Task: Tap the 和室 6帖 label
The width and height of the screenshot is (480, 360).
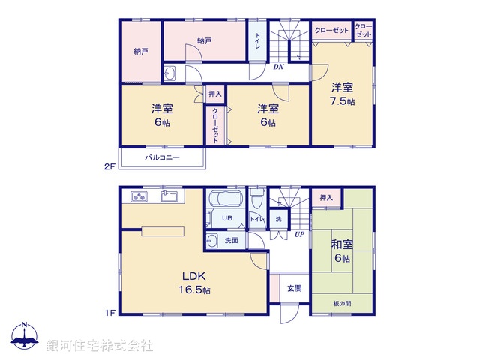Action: pos(342,250)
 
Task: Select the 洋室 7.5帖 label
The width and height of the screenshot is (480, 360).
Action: pos(342,93)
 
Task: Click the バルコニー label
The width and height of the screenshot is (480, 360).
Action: pos(161,159)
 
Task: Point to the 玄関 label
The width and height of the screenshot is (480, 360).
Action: pos(293,288)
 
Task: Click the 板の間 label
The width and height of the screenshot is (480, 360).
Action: pos(341,302)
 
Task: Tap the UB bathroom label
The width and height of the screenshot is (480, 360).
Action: pos(226,218)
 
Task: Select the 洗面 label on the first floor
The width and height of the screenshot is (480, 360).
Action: pos(231,240)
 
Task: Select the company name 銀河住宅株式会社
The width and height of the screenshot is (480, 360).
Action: pos(100,345)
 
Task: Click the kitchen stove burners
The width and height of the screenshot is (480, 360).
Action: pos(140,197)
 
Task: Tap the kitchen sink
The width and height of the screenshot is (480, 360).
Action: pos(169,197)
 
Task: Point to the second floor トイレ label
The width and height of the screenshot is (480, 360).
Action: pos(258,41)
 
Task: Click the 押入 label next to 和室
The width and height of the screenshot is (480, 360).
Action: pos(326,197)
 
